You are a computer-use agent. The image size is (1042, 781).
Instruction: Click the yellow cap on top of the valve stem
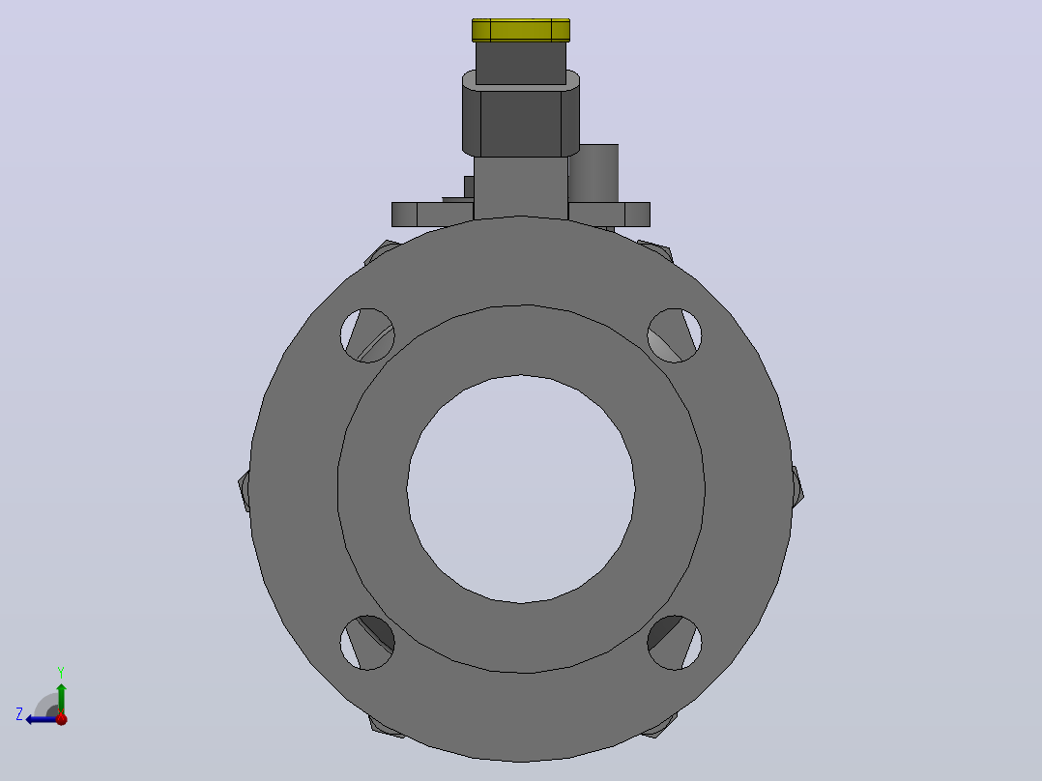(521, 30)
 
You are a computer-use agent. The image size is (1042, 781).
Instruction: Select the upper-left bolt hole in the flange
(367, 335)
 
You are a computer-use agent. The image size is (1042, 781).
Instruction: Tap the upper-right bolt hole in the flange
(675, 335)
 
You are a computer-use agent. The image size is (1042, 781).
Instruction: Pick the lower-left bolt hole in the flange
(367, 643)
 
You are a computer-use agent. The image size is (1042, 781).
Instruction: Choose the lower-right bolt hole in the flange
(675, 643)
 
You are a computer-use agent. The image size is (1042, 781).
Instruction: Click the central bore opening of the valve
(521, 489)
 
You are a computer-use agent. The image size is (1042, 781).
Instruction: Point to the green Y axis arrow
(61, 699)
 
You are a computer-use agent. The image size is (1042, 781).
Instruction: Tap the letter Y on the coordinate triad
(61, 672)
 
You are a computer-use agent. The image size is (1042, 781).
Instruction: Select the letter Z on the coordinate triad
(19, 714)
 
